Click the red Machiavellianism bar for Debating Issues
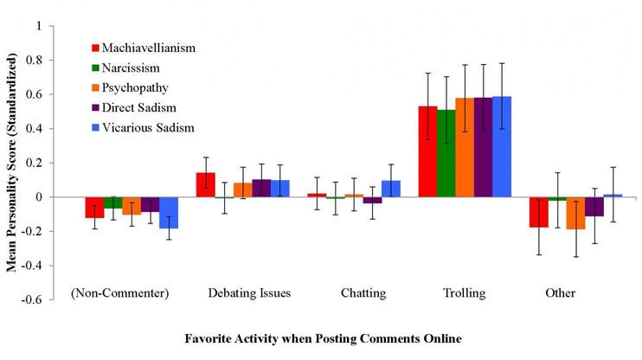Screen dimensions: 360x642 206,185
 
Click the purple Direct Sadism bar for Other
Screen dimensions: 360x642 594,206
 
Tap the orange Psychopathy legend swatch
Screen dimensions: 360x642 96,87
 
